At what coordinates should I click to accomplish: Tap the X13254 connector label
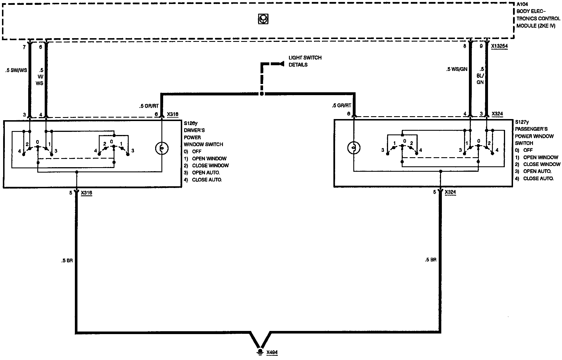point(499,46)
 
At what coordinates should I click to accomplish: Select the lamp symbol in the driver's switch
point(162,148)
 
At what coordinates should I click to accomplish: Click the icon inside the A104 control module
point(263,19)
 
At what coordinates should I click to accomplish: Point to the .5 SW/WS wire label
point(16,70)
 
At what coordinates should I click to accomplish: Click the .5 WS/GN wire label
point(457,69)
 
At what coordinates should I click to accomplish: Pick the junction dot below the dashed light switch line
point(262,94)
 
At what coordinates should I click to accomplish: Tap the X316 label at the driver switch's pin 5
point(87,193)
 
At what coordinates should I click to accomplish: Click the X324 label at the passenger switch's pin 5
point(450,192)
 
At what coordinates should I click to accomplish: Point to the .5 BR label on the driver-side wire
point(67,261)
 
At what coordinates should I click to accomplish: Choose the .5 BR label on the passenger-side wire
point(430,260)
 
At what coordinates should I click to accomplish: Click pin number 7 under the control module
point(24,47)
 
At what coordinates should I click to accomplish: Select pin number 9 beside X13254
point(481,46)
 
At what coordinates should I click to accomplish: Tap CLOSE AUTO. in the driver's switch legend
point(207,180)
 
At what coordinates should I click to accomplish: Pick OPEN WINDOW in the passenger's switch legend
point(541,157)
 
